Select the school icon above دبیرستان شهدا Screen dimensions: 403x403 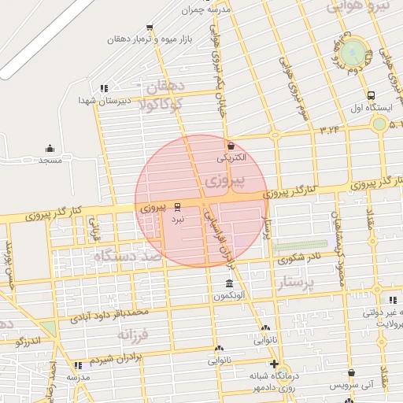(104, 88)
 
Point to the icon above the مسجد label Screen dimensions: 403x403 (50, 148)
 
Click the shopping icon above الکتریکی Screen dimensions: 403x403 (231, 146)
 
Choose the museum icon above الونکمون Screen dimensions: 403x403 (229, 283)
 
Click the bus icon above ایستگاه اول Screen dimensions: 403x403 (371, 96)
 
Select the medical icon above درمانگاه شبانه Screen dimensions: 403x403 (274, 364)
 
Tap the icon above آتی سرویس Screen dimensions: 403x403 (351, 373)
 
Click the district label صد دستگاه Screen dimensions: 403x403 (126, 257)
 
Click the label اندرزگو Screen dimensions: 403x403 (27, 341)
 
